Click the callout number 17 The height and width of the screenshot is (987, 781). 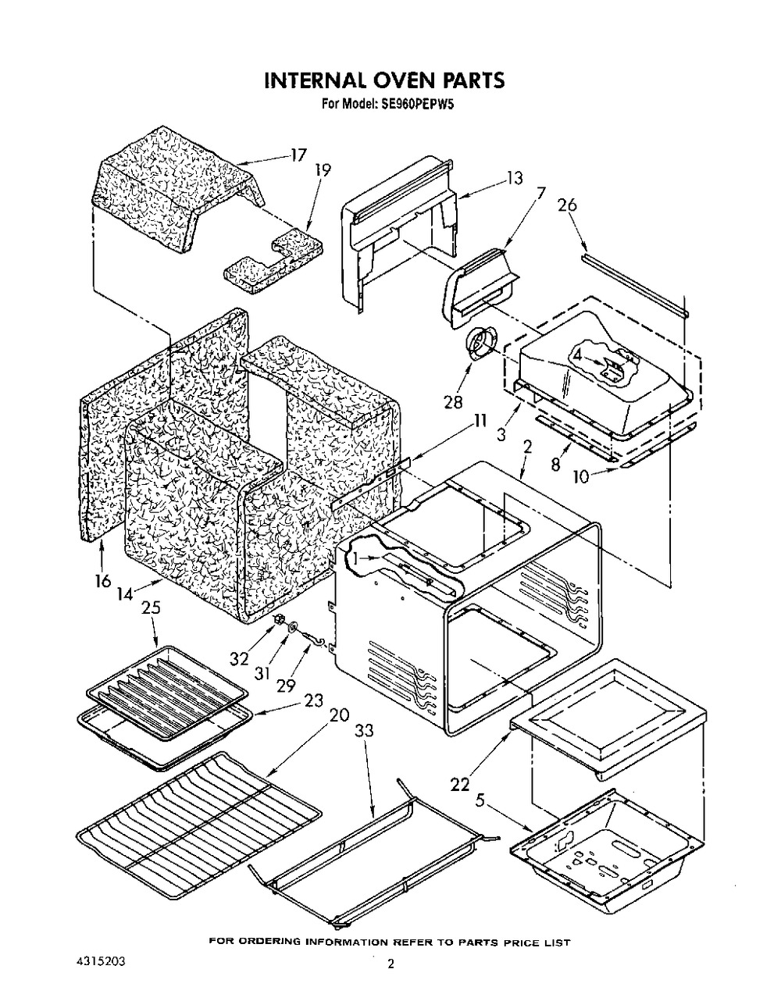tap(298, 155)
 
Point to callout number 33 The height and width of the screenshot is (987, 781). tap(364, 731)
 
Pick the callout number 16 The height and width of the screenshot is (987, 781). tap(103, 581)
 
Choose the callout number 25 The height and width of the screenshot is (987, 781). tap(151, 607)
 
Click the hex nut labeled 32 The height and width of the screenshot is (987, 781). tap(277, 620)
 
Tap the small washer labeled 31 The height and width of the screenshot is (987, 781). tap(291, 626)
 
